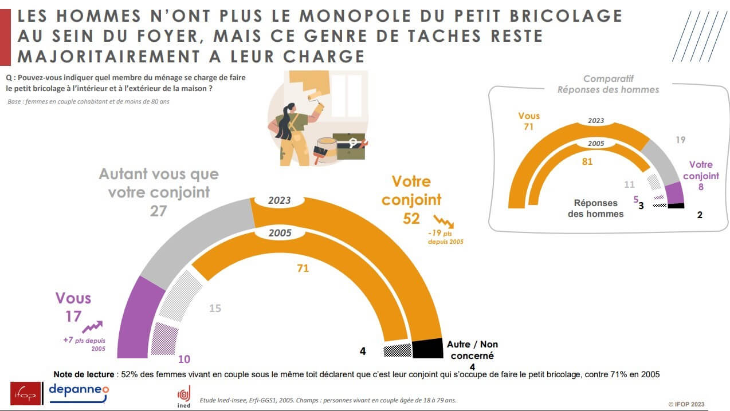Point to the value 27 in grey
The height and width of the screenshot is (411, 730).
click(x=158, y=211)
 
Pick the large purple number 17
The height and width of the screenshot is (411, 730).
click(x=73, y=317)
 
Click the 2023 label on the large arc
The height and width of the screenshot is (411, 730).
click(x=279, y=201)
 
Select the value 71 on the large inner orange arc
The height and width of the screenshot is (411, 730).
click(x=302, y=267)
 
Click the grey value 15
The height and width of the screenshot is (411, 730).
click(x=214, y=309)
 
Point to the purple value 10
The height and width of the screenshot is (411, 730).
click(x=184, y=359)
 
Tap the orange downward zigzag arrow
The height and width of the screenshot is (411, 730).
click(x=444, y=222)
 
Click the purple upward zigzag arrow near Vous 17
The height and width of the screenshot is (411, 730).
click(x=92, y=327)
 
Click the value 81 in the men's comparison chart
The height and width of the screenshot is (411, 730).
click(x=587, y=162)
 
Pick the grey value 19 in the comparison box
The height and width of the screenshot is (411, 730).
click(x=680, y=140)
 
